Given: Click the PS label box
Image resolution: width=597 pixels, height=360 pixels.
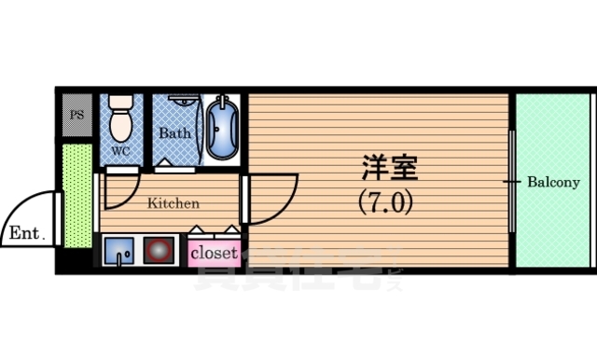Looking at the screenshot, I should [x=76, y=116].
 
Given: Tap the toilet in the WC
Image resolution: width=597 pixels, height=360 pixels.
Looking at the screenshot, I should [x=120, y=119].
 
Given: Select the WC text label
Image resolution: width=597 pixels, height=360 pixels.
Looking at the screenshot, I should [x=121, y=149].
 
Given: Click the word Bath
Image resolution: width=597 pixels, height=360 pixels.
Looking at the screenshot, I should [x=174, y=133].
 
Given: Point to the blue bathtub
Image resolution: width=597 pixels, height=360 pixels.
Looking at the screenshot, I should [x=221, y=128].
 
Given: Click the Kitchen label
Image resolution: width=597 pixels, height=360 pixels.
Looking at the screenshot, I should [x=174, y=202].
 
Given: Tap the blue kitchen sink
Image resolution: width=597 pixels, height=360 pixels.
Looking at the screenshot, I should [x=118, y=252].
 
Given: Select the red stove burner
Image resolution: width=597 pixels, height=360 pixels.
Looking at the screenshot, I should [x=160, y=252].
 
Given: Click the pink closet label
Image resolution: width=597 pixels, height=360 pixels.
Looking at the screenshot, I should [x=215, y=253].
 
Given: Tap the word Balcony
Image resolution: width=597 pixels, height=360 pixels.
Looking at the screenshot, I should [x=553, y=182].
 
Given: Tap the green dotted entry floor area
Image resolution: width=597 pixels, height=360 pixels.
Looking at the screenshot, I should [x=77, y=196].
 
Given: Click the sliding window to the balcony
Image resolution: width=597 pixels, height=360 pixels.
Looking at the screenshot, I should [x=512, y=182].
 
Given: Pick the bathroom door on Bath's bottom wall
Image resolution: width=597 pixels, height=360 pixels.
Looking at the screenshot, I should [x=174, y=169].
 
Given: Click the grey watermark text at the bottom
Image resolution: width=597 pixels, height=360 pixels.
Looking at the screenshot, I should [x=289, y=275].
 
